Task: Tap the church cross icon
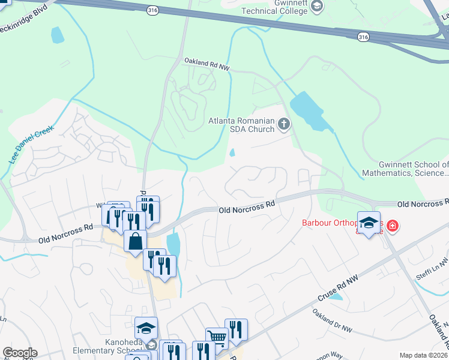click(284, 125)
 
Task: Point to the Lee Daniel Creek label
click(31, 145)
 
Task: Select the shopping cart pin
click(216, 338)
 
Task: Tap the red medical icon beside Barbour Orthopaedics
click(393, 226)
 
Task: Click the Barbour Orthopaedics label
click(339, 226)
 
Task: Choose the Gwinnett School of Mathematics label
click(405, 169)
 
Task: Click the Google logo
click(20, 352)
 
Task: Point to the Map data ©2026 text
click(423, 355)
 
